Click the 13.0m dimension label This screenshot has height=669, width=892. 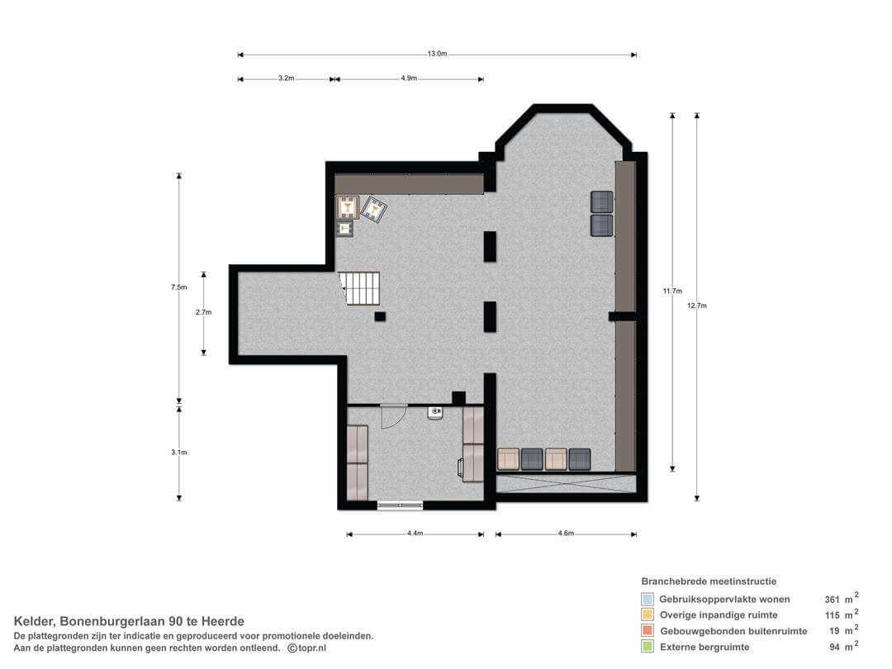tap(437, 54)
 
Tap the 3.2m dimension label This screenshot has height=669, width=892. tap(286, 78)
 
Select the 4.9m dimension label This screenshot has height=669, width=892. tap(409, 78)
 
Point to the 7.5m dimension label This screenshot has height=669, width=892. tap(178, 287)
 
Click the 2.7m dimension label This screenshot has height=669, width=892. tap(203, 312)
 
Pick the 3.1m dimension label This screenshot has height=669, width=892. tap(178, 453)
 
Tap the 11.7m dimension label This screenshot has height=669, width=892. tap(671, 292)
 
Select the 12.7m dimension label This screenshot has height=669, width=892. tap(696, 306)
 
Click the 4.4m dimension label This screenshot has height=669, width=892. tap(415, 534)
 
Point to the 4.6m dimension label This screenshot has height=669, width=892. tap(566, 534)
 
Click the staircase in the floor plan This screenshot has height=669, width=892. tap(360, 288)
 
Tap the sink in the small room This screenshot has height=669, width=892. tap(435, 412)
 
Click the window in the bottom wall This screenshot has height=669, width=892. tap(400, 505)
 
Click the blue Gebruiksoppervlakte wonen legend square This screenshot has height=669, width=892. tap(647, 599)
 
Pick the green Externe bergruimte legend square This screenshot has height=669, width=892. tap(647, 647)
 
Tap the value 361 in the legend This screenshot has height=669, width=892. tap(832, 600)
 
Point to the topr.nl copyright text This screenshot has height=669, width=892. tap(307, 648)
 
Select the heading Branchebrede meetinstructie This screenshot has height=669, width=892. tap(709, 581)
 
